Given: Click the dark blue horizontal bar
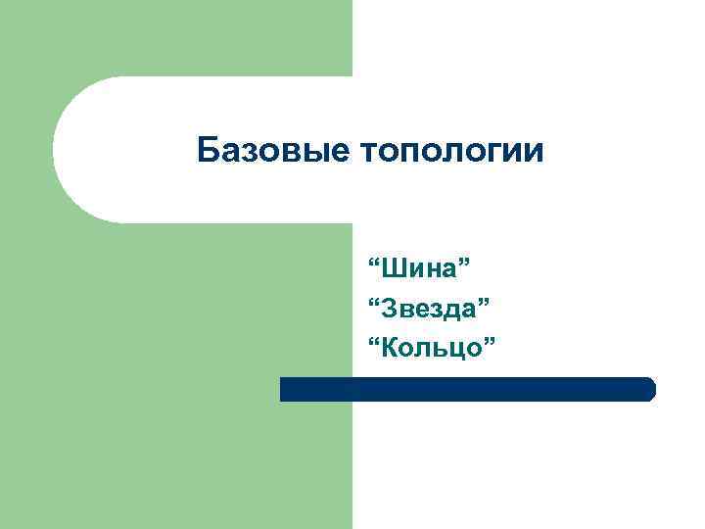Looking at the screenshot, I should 467,389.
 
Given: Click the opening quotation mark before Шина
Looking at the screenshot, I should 373,264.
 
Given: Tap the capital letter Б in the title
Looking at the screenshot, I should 206,151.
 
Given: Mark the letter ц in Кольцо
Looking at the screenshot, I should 454,348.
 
